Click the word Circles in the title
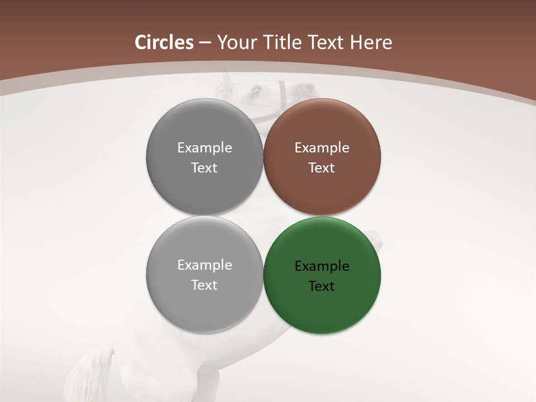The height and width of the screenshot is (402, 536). (164, 42)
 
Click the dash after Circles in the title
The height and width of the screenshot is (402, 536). (205, 43)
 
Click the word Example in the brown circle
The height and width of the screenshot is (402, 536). (322, 148)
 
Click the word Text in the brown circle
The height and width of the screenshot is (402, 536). (322, 168)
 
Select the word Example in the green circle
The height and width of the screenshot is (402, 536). (322, 266)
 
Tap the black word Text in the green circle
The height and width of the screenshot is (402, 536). (322, 286)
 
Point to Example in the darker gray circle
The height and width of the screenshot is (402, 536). (204, 148)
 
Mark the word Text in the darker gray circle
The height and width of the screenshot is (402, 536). (204, 168)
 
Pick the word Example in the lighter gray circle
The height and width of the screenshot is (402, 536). (204, 265)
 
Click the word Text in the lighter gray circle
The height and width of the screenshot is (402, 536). (204, 285)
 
